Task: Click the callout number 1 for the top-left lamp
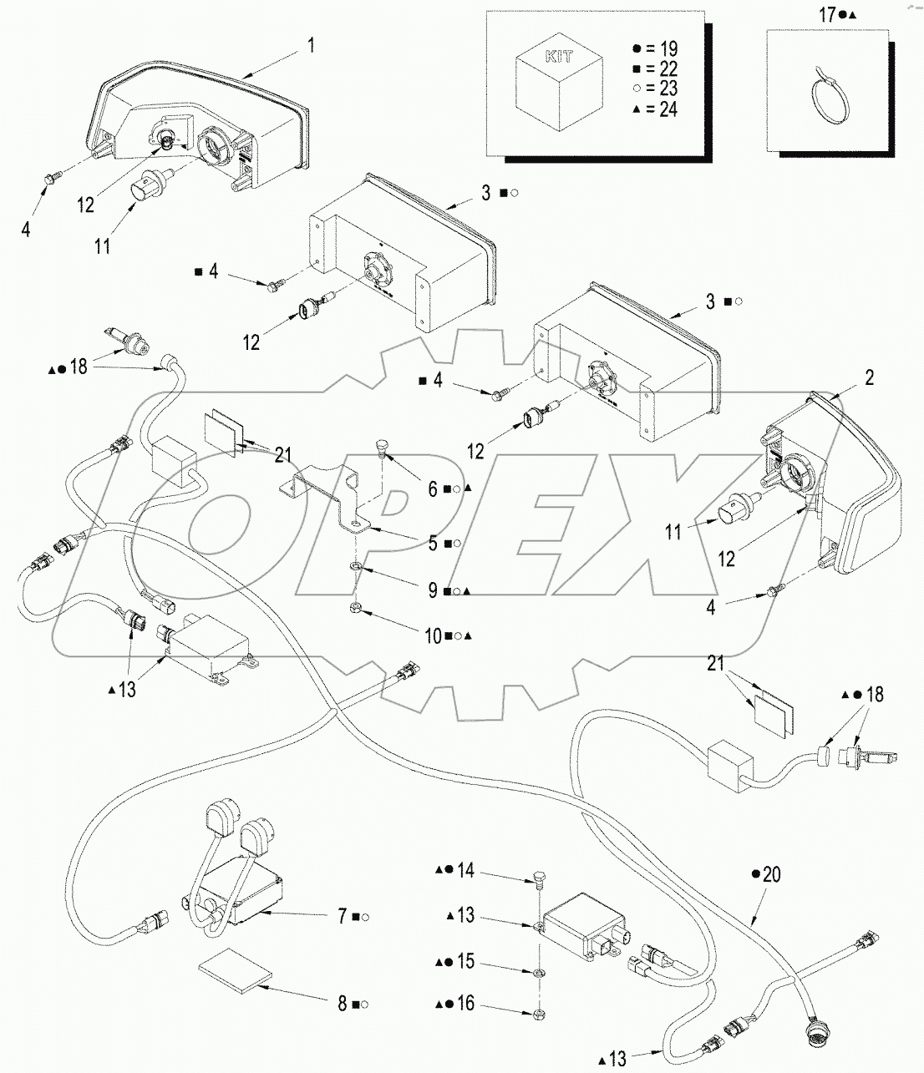pyautogui.click(x=311, y=45)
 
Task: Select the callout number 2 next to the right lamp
pyautogui.click(x=869, y=378)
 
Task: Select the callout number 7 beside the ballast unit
pyautogui.click(x=343, y=917)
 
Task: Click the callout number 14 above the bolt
pyautogui.click(x=465, y=870)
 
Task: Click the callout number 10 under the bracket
pyautogui.click(x=433, y=636)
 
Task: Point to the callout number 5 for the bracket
pyautogui.click(x=433, y=544)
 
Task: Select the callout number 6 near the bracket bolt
pyautogui.click(x=433, y=489)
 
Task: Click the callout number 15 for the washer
pyautogui.click(x=465, y=962)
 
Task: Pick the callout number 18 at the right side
pyautogui.click(x=874, y=695)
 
